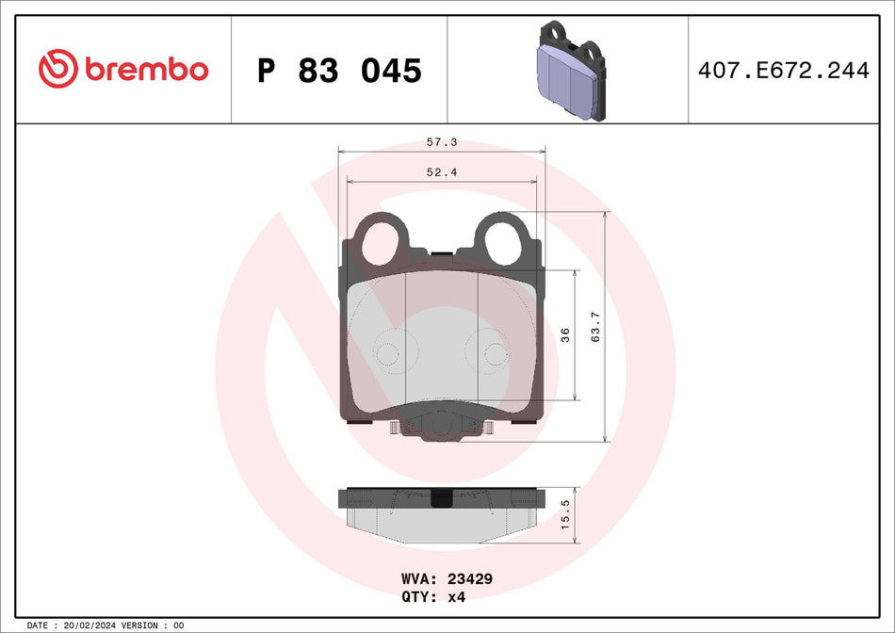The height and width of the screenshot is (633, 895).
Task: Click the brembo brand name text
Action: click(x=146, y=70)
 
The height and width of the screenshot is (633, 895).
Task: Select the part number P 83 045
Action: click(x=339, y=71)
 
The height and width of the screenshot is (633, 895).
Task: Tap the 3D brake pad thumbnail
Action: click(x=569, y=71)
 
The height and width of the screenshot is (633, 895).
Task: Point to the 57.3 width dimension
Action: click(x=441, y=141)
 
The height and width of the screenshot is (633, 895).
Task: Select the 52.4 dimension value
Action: click(x=441, y=171)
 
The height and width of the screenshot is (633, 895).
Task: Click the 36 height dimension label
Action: click(x=565, y=334)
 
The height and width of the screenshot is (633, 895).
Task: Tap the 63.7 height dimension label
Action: click(x=594, y=326)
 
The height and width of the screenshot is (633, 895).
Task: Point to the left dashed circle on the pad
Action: click(x=387, y=352)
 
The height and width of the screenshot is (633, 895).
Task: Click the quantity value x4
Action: click(x=458, y=597)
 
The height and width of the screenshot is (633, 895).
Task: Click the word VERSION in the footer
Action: click(x=138, y=625)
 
